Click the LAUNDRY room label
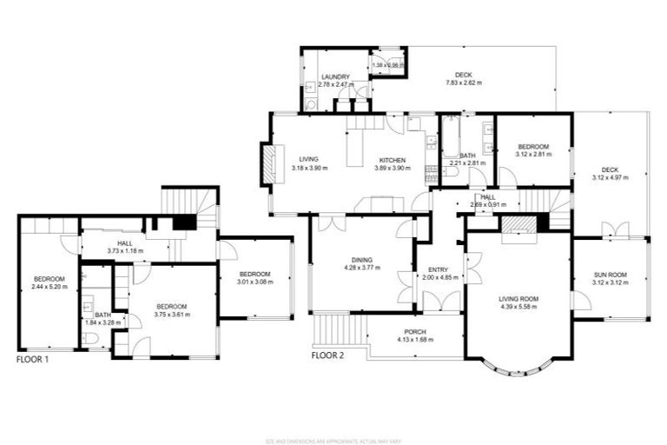click(333, 76)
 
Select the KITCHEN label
click(392, 160)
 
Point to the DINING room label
click(362, 260)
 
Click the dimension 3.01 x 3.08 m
click(256, 282)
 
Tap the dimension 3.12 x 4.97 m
click(610, 177)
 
